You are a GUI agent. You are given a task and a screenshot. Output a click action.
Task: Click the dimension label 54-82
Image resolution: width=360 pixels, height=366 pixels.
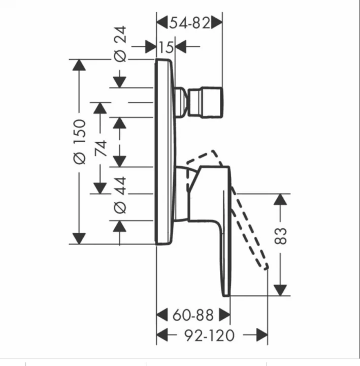(189, 23)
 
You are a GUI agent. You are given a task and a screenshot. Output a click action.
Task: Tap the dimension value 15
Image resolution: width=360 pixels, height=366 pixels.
(166, 47)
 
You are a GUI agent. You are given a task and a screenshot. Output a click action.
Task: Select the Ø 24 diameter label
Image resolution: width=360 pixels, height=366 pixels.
(120, 44)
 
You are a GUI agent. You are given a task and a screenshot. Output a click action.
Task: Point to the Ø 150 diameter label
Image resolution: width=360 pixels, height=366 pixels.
(80, 141)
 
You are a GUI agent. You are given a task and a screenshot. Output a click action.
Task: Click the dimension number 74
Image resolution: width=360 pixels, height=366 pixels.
(101, 148)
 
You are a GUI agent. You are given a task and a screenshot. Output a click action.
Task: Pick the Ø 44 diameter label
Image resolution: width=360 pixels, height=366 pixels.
(120, 195)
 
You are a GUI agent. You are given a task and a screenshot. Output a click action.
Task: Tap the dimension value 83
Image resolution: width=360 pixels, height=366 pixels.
(280, 236)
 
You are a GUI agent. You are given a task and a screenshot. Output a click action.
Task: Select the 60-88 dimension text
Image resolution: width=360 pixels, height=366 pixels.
(193, 315)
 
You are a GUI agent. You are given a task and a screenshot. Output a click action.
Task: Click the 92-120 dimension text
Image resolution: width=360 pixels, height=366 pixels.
(209, 335)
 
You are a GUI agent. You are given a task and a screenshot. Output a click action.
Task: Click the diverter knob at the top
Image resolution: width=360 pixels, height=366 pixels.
(205, 102)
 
